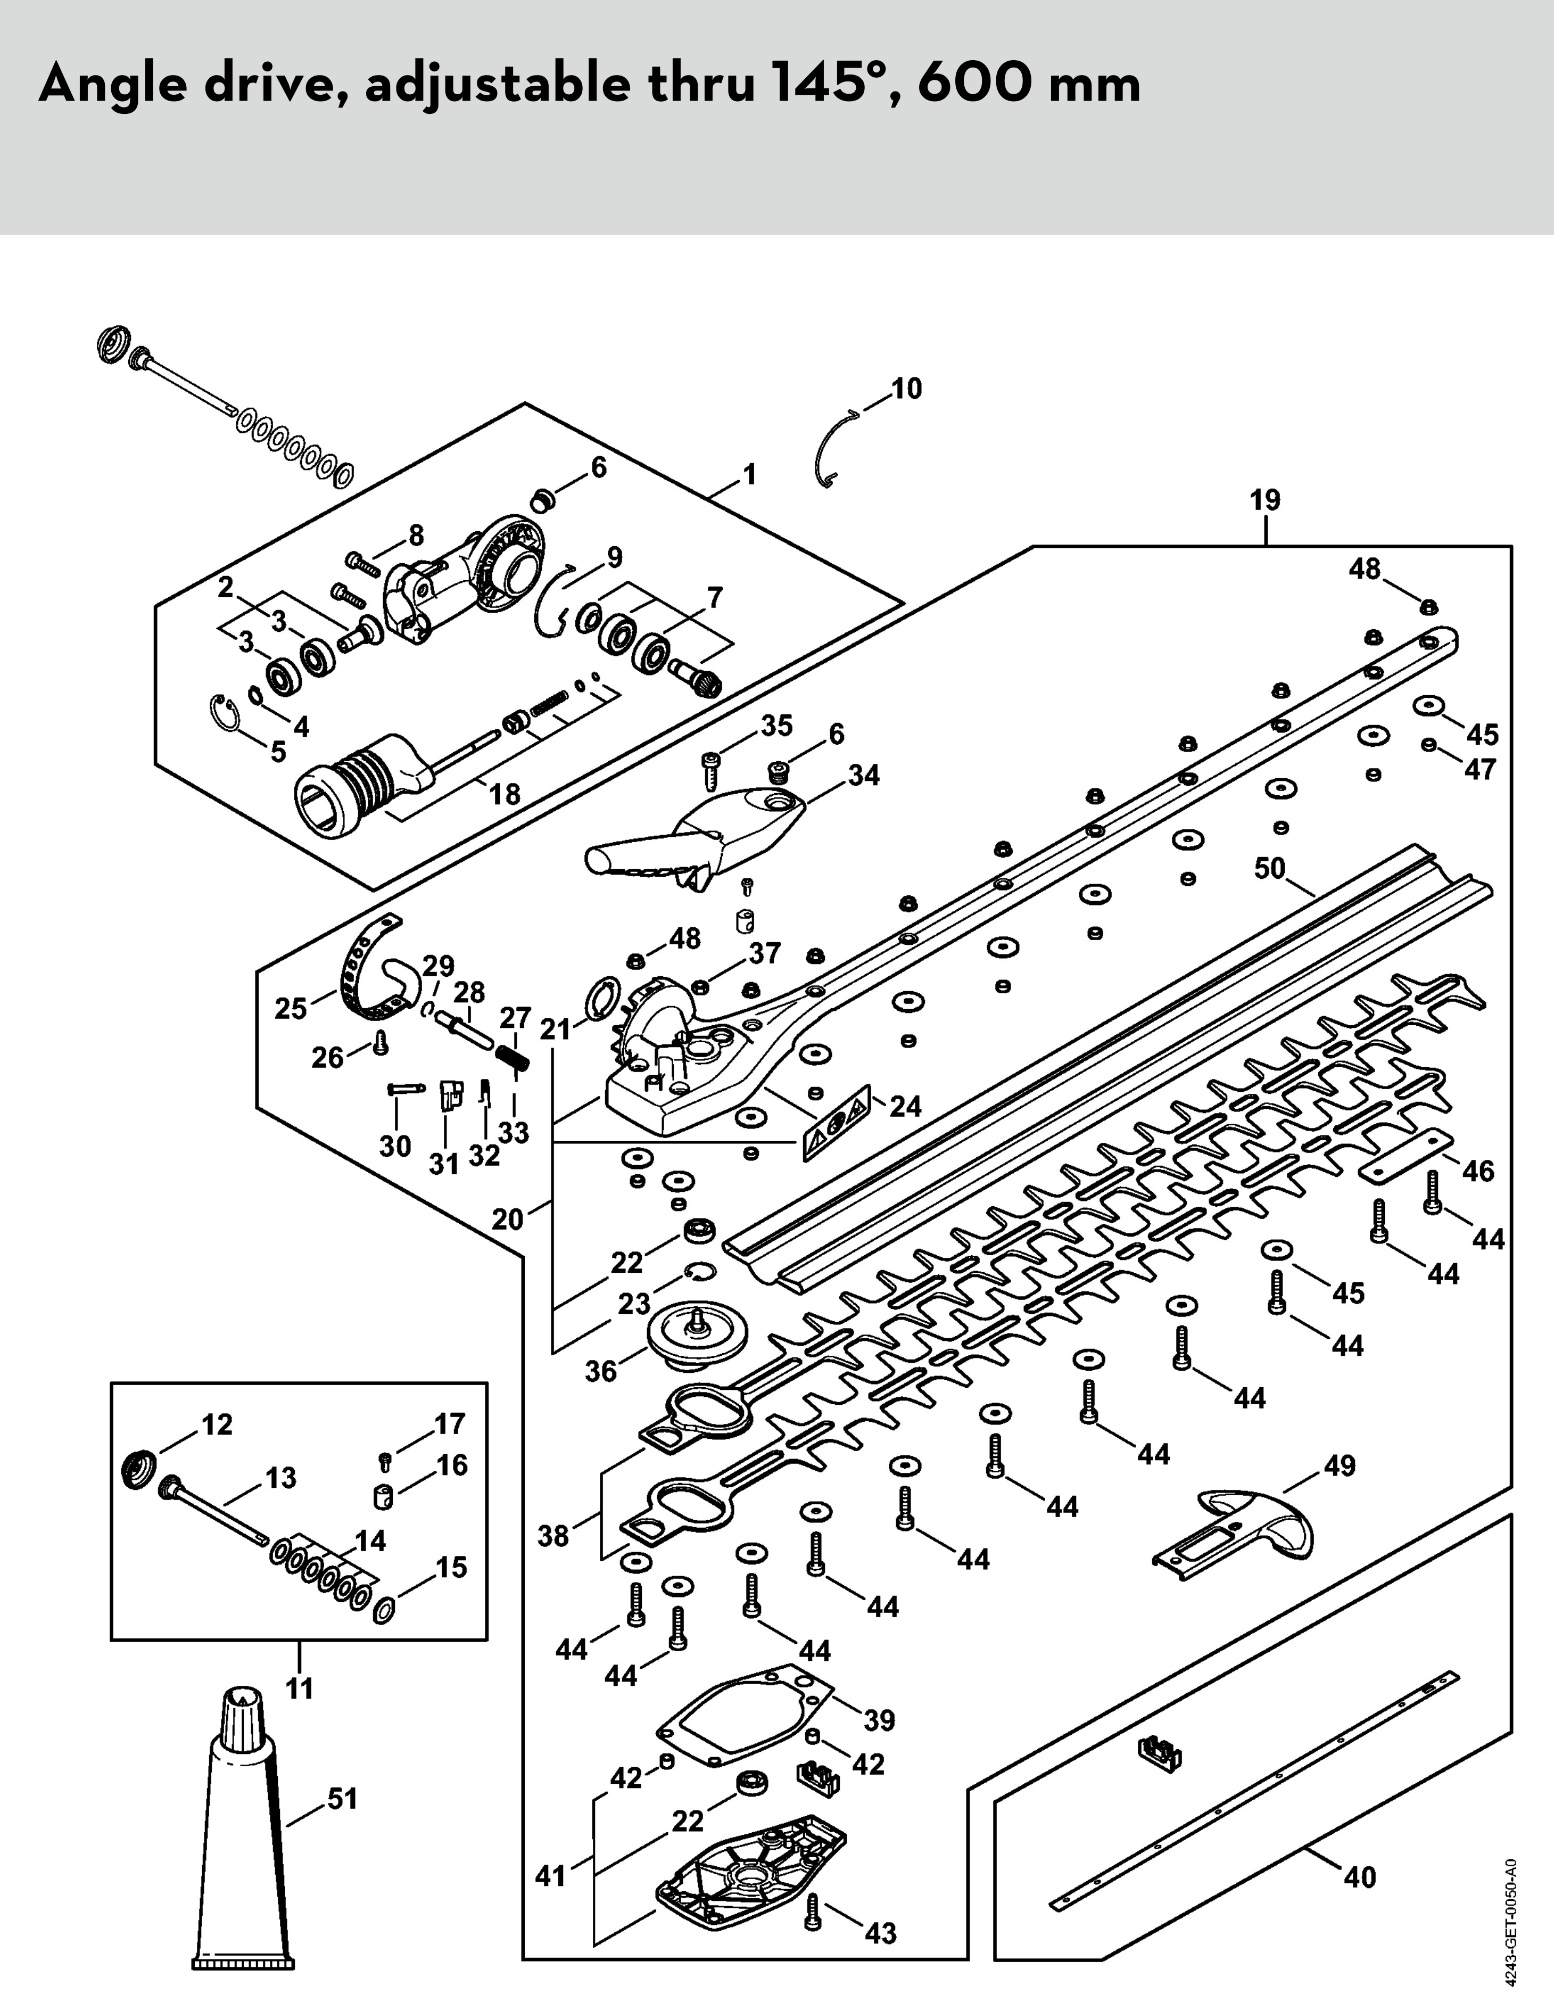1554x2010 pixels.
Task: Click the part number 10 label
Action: tap(906, 389)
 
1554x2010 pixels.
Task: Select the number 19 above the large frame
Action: tap(1265, 501)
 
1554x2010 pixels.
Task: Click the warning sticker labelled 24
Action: tap(837, 1122)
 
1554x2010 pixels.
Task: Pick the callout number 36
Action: tap(601, 1371)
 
